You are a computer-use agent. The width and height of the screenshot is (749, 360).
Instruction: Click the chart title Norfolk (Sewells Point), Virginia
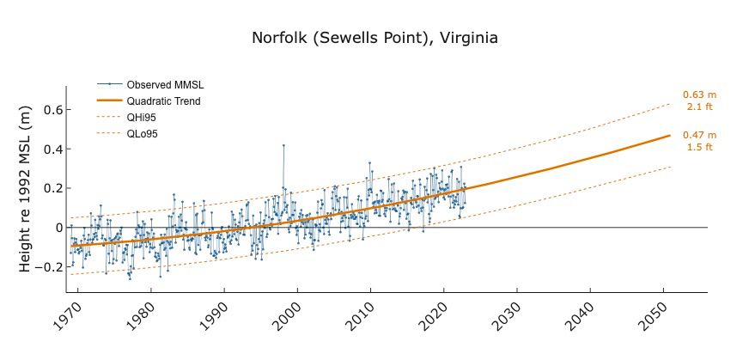374,39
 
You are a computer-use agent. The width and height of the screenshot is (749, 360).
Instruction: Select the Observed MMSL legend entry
164,85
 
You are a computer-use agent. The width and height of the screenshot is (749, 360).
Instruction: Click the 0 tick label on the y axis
58,228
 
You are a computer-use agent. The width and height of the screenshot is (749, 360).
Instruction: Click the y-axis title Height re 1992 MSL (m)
25,188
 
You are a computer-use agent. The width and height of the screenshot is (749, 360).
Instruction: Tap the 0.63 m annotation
699,95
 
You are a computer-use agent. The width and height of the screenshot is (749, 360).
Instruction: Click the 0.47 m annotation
699,136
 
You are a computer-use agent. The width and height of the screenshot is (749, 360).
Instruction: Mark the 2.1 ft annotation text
699,107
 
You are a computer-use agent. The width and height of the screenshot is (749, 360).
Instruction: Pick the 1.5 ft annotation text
699,147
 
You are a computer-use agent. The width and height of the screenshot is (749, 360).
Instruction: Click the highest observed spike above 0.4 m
283,145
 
